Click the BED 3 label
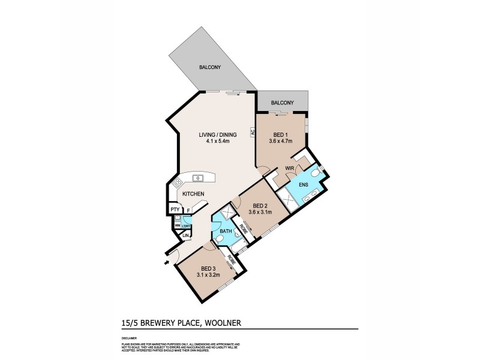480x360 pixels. click(x=208, y=268)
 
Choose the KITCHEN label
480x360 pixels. click(x=193, y=193)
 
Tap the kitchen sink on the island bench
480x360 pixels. click(x=199, y=178)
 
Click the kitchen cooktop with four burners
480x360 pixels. click(x=177, y=184)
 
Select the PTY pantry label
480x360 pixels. click(x=175, y=209)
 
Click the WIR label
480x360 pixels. click(x=289, y=169)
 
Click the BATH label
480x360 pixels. click(x=225, y=230)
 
